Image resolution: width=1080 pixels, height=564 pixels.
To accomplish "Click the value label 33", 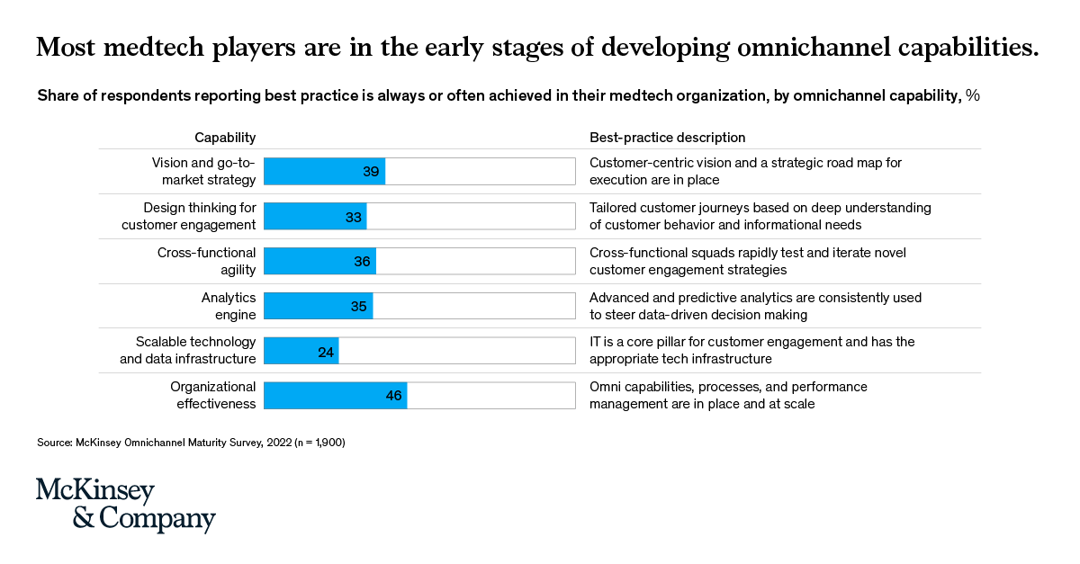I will coord(354,217).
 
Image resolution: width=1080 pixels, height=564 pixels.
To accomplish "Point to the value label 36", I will coord(363,262).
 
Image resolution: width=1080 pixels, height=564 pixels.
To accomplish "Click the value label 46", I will coord(393,397).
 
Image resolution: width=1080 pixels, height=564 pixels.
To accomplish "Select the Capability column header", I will coord(225,138).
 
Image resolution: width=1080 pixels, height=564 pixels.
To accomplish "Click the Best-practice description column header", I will coord(667,138).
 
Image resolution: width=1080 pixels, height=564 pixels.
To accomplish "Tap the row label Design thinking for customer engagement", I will coord(189,216).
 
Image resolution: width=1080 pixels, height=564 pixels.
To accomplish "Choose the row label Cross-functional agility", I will coord(206,261).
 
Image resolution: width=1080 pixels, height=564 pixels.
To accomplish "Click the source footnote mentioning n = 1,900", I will coord(191,443).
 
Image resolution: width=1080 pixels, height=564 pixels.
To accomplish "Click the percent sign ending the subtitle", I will coord(972,95).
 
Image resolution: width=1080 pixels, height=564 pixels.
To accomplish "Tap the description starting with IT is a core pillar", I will coord(751,351).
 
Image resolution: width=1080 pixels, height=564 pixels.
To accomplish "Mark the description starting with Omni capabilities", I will coord(728,396).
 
